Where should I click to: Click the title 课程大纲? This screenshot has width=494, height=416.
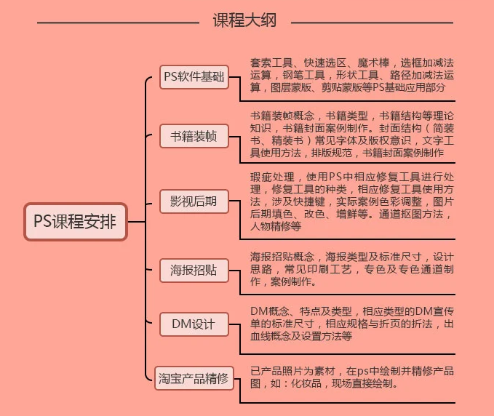click(x=244, y=20)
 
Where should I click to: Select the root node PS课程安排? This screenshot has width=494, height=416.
click(x=75, y=220)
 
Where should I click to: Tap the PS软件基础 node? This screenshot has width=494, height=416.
click(x=194, y=76)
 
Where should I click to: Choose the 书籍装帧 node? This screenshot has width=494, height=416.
click(x=194, y=136)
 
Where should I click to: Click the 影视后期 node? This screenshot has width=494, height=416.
click(x=194, y=201)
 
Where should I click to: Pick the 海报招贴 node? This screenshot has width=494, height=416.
click(x=194, y=270)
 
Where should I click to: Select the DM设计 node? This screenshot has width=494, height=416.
click(x=194, y=324)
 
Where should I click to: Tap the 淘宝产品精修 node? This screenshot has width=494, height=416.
click(x=194, y=378)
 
